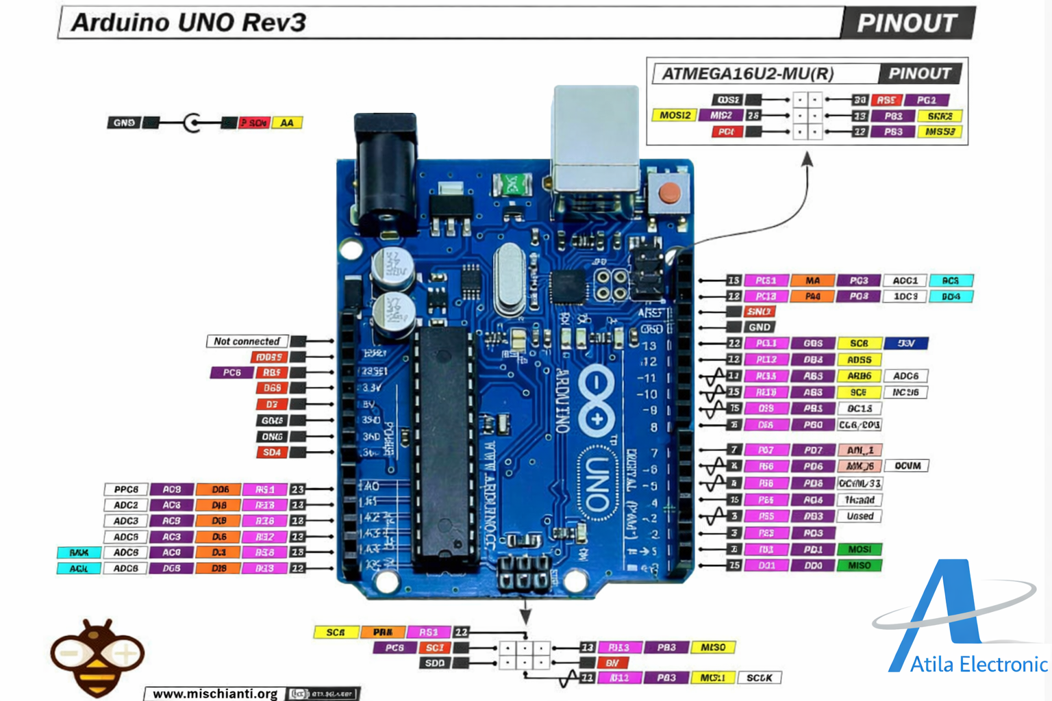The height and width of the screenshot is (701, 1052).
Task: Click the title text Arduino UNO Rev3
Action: click(x=189, y=23)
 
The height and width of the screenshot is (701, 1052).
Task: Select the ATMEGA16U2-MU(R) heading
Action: click(x=748, y=74)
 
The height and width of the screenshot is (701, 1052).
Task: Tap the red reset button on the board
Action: click(x=668, y=193)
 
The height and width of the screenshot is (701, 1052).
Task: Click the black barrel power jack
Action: click(x=386, y=171)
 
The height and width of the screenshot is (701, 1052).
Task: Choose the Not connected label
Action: click(x=247, y=341)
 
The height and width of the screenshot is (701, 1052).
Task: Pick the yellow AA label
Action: click(x=287, y=123)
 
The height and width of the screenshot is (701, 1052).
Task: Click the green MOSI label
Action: click(x=859, y=550)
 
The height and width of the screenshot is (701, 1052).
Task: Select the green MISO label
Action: click(x=859, y=565)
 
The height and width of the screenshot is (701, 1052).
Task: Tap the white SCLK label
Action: click(x=759, y=678)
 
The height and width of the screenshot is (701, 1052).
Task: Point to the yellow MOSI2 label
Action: click(x=675, y=116)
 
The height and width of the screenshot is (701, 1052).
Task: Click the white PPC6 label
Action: click(x=126, y=489)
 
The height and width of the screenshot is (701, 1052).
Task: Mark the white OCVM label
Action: click(x=907, y=466)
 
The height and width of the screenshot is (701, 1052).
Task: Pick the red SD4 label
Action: click(x=272, y=453)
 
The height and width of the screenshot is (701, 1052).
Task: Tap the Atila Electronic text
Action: click(x=978, y=665)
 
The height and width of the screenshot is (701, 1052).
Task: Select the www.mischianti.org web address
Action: click(x=215, y=693)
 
